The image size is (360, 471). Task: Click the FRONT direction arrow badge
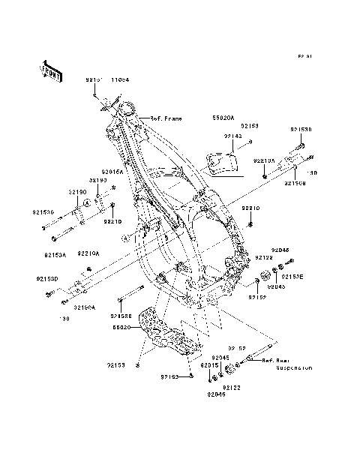[50, 69]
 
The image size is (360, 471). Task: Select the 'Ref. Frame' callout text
[166, 118]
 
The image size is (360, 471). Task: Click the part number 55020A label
[223, 118]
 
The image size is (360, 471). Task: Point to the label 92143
[211, 136]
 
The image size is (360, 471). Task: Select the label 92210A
[263, 160]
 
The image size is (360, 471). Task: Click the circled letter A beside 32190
[87, 202]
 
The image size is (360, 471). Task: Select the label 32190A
[83, 307]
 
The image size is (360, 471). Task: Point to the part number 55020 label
[122, 328]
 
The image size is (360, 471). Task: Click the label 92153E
[292, 277]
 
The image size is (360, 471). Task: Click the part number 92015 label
[209, 365]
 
